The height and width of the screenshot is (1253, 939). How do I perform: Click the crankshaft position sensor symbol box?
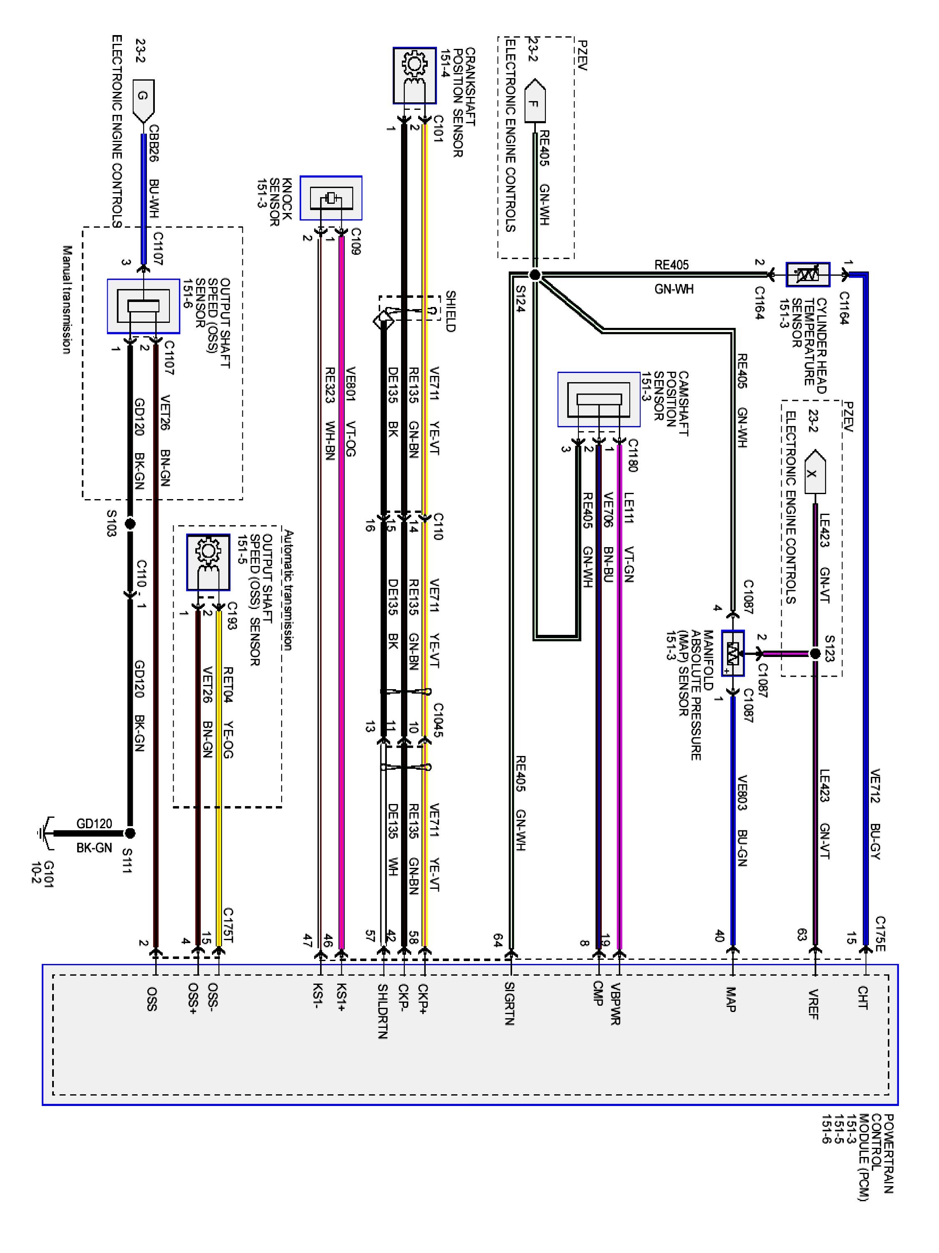(x=414, y=75)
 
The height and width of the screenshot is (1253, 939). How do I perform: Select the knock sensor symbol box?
(x=331, y=198)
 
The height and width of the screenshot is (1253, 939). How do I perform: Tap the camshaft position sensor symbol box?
(x=598, y=399)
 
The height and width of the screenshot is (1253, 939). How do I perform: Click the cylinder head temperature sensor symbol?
(x=808, y=275)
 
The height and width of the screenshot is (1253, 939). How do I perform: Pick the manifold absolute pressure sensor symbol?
(x=732, y=653)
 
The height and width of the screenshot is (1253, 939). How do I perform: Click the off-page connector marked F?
(x=534, y=102)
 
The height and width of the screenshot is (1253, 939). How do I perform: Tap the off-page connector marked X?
(x=813, y=472)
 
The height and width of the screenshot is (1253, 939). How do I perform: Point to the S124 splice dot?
(x=534, y=275)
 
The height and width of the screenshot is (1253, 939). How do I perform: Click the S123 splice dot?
(x=815, y=654)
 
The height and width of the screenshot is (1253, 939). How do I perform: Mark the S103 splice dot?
(x=130, y=524)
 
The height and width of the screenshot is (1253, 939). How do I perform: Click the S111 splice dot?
(x=130, y=833)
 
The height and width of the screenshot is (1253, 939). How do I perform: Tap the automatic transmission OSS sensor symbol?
(x=208, y=563)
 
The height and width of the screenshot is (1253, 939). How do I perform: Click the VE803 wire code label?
(x=742, y=792)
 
